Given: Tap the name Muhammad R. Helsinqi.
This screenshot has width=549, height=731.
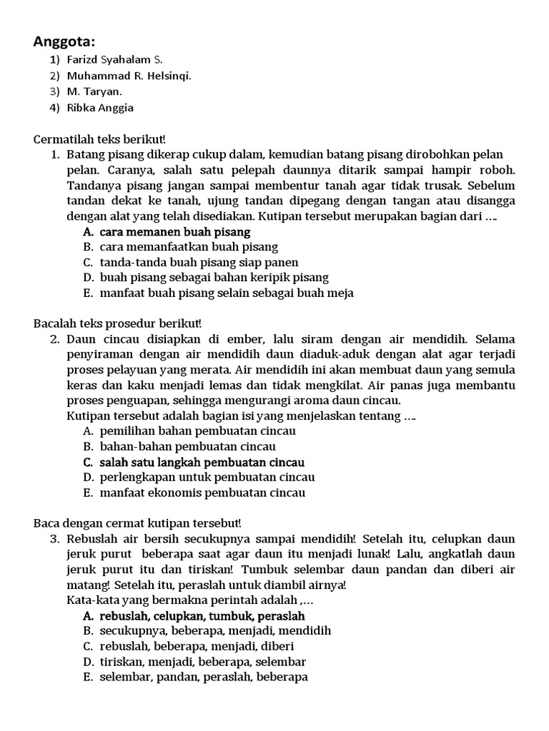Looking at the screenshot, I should (x=129, y=76).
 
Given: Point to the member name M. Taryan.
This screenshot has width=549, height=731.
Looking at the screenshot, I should (x=94, y=91).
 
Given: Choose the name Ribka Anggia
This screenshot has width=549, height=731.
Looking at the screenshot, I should (x=100, y=108).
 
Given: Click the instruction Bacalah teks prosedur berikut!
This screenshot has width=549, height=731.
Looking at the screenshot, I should (x=118, y=323).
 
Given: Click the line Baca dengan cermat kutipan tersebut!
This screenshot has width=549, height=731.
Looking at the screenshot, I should (x=138, y=523).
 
